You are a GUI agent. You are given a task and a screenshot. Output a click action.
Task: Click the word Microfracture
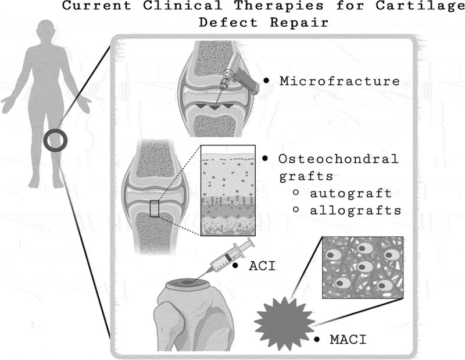click(x=339, y=81)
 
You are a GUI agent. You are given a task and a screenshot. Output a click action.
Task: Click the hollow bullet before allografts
click(x=296, y=210)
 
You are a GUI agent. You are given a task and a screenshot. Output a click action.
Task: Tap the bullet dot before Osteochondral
click(x=266, y=158)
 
